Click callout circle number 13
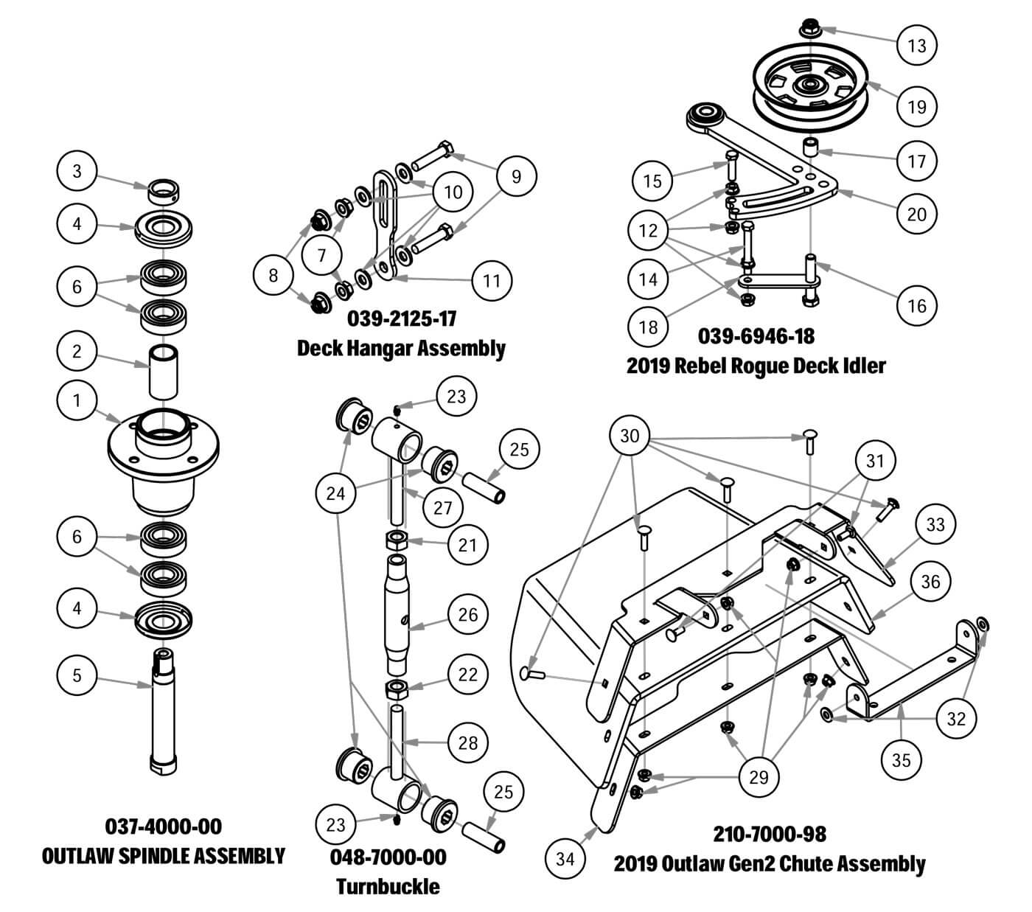point(917,46)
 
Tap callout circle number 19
point(917,106)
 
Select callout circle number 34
point(565,858)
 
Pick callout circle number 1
point(77,401)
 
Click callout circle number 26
point(468,614)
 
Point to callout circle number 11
point(492,280)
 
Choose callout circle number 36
point(931,582)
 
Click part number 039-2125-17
point(402,319)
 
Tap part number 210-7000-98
point(770,834)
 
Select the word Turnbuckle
point(388,885)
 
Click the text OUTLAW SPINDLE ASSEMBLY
point(164,856)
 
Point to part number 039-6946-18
point(756,336)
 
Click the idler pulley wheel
point(809,88)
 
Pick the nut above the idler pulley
point(809,29)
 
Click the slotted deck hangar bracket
point(386,221)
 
